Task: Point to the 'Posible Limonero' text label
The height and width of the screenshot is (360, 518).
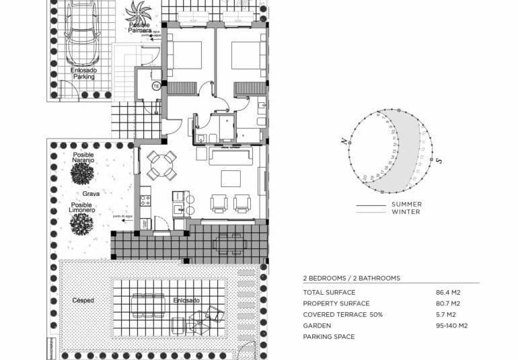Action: pyautogui.click(x=81, y=208)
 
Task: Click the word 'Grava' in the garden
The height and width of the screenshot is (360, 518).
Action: pyautogui.click(x=91, y=193)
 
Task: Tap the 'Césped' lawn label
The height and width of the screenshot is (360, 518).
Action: pyautogui.click(x=83, y=300)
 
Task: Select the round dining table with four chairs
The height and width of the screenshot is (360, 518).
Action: pyautogui.click(x=161, y=165)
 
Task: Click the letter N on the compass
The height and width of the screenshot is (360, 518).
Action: pyautogui.click(x=344, y=141)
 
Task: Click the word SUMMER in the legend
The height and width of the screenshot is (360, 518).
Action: pyautogui.click(x=406, y=205)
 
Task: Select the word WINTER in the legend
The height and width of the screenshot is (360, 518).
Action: pyautogui.click(x=406, y=212)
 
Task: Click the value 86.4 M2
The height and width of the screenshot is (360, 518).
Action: pyautogui.click(x=449, y=293)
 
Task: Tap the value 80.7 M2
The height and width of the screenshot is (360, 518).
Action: pyautogui.click(x=449, y=303)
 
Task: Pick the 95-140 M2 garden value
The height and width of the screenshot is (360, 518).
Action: pyautogui.click(x=451, y=326)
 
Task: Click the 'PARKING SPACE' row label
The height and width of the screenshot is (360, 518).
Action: pyautogui.click(x=328, y=336)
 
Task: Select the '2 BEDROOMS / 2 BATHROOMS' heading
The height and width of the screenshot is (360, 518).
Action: pyautogui.click(x=351, y=278)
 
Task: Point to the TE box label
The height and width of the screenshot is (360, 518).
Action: pyautogui.click(x=155, y=86)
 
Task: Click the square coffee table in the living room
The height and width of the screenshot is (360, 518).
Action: pyautogui.click(x=231, y=178)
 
